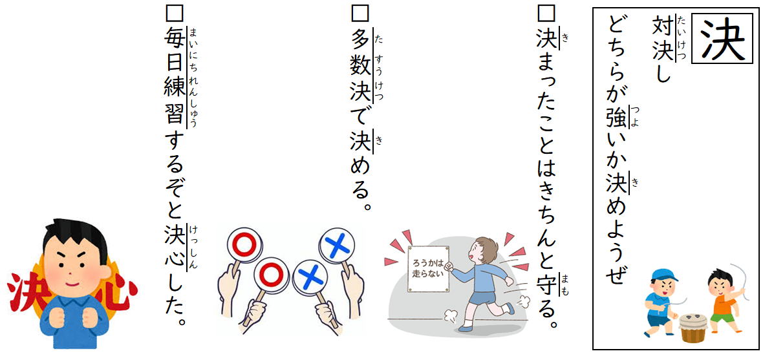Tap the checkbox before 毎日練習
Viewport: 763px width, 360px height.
click(x=174, y=13)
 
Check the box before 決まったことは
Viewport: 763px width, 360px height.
click(x=544, y=13)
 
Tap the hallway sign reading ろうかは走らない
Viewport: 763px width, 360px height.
click(x=427, y=268)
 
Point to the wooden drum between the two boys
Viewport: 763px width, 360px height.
click(x=693, y=328)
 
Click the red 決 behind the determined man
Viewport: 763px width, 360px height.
click(x=25, y=295)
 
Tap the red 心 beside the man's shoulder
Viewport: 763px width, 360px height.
click(x=119, y=294)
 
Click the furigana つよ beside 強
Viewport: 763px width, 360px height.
click(x=635, y=117)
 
